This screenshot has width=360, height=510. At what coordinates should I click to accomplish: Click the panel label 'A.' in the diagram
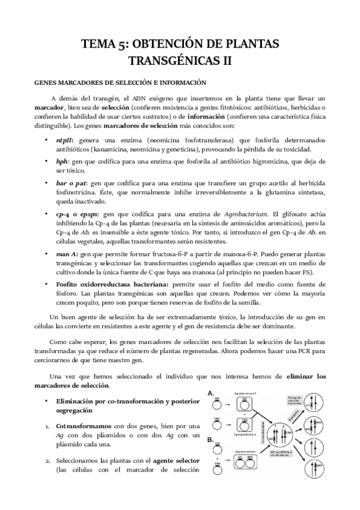211,393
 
